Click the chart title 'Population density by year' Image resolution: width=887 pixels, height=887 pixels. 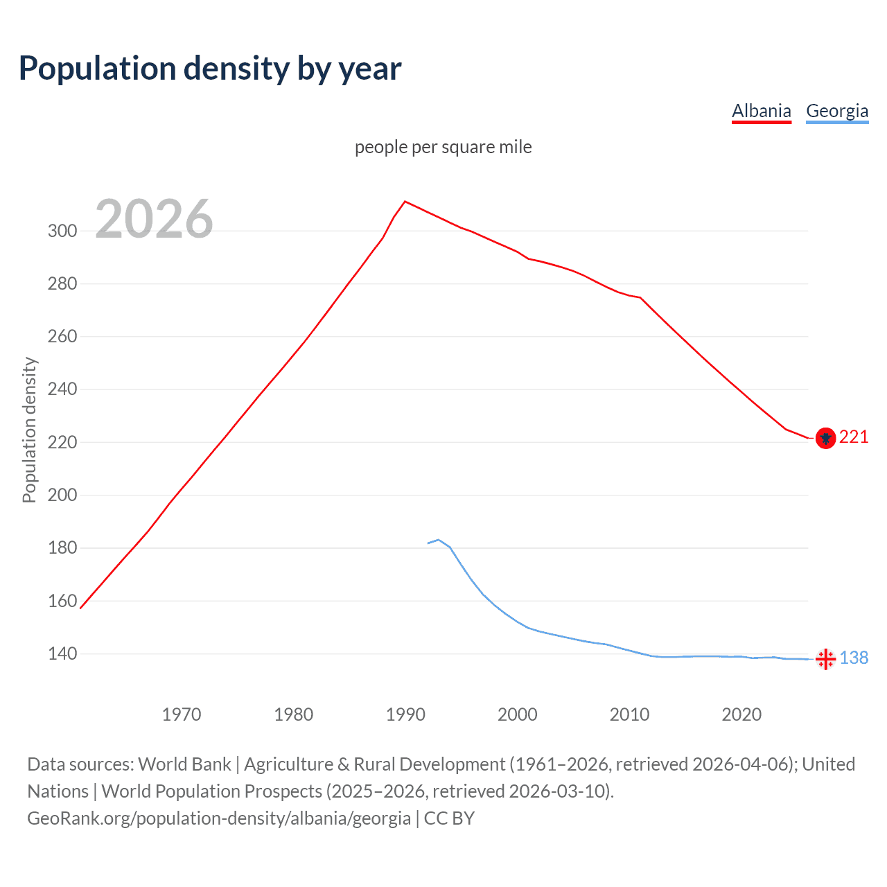coord(210,69)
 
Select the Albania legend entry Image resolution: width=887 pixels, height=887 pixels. coord(761,111)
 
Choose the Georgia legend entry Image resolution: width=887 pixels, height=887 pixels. coord(837,111)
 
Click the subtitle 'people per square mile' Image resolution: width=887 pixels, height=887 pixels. coord(443,147)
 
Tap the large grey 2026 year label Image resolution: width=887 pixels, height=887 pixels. coord(154,219)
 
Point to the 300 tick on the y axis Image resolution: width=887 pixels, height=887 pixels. coord(62,231)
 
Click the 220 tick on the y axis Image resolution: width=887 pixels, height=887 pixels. coord(62,442)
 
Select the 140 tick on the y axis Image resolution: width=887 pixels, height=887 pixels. coord(62,653)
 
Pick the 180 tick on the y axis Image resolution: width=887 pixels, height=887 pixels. coord(62,547)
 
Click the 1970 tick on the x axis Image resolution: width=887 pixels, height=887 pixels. coord(182,714)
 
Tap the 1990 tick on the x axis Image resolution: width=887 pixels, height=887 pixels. coord(405,714)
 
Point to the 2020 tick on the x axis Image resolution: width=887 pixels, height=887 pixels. coord(741,714)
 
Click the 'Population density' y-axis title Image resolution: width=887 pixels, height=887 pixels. coord(29,430)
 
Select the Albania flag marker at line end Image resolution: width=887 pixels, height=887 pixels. coord(825,438)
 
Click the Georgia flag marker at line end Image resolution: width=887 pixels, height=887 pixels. coord(825,659)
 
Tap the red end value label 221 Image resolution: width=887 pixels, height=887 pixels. coord(854,437)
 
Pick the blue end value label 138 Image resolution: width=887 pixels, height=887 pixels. coord(854,658)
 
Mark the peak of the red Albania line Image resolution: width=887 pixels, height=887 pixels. coord(405,202)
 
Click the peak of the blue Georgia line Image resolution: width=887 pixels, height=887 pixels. coord(439,540)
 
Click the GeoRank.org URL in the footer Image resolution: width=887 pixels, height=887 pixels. coord(219,818)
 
